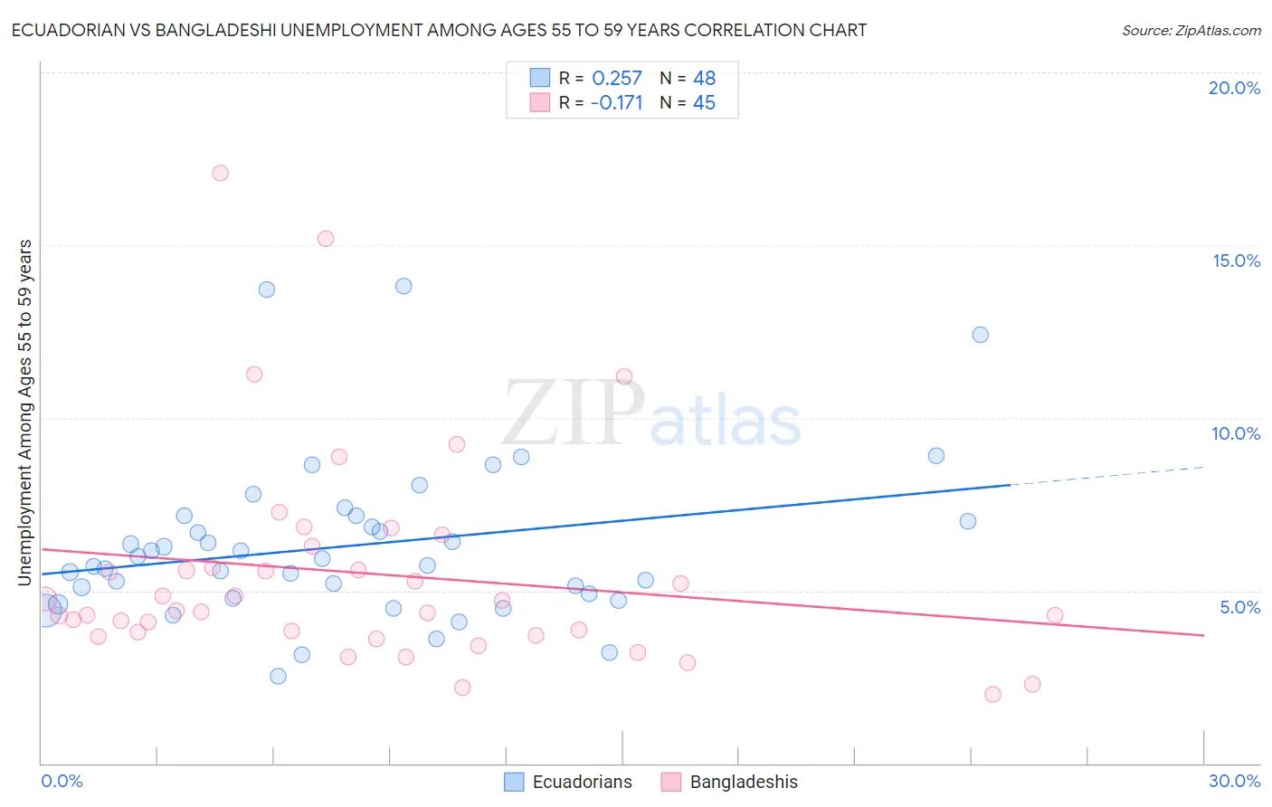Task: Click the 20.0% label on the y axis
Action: pyautogui.click(x=1234, y=88)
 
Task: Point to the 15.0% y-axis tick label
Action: pyautogui.click(x=1236, y=261)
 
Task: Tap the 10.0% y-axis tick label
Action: pyautogui.click(x=1236, y=433)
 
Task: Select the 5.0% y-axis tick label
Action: pyautogui.click(x=1239, y=607)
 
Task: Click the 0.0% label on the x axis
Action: pyautogui.click(x=62, y=781)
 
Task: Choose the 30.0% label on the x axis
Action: pyautogui.click(x=1234, y=781)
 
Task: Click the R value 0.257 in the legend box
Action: pyautogui.click(x=616, y=79)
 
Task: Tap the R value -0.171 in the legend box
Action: pyautogui.click(x=616, y=103)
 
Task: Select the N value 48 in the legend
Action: pyautogui.click(x=704, y=79)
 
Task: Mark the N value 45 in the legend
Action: pyautogui.click(x=704, y=103)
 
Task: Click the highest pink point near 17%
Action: pyautogui.click(x=220, y=173)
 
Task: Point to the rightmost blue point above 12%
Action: pyautogui.click(x=980, y=335)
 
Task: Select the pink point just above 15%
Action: pyautogui.click(x=326, y=239)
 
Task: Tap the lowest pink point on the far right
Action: pyautogui.click(x=992, y=695)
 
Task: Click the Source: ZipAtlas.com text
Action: pyautogui.click(x=1191, y=31)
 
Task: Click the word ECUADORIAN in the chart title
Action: pyautogui.click(x=65, y=31)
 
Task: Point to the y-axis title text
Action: pyautogui.click(x=25, y=412)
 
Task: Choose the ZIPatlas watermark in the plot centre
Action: pyautogui.click(x=651, y=414)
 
